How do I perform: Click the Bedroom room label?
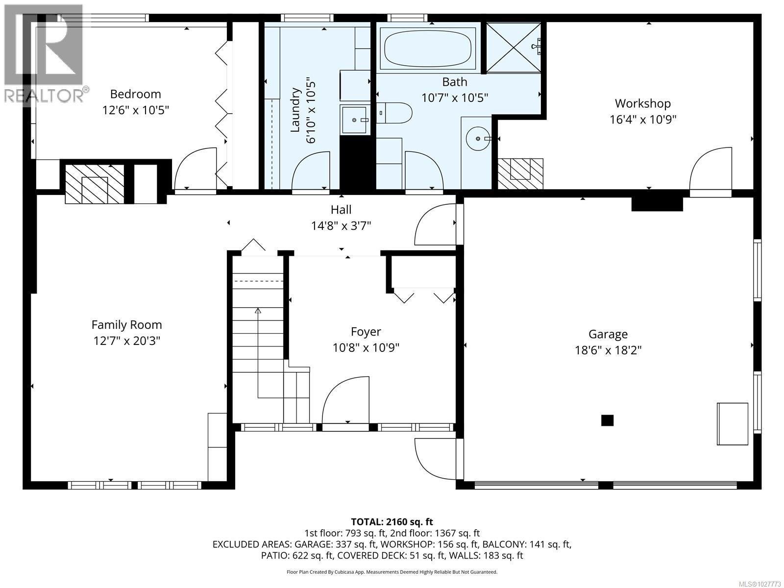pos(135,94)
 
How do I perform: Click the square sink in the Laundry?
pos(354,120)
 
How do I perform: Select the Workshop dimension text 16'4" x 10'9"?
pos(642,119)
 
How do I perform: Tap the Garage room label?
pos(608,334)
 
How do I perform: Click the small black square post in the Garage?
pos(607,420)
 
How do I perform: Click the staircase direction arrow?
pos(258,311)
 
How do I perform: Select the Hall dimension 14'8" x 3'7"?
pos(341,226)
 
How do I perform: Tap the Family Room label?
pos(126,324)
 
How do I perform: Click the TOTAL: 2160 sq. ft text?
pos(392,522)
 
